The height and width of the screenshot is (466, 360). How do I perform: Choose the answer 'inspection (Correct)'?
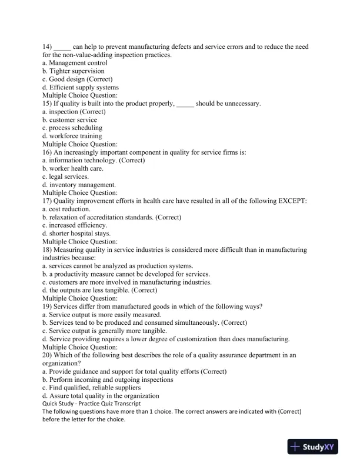pos(77,112)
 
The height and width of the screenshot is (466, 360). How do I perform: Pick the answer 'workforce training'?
pos(75,136)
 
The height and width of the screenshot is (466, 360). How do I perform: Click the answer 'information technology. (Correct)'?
pos(96,160)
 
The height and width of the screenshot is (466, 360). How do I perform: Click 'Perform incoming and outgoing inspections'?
pos(108,380)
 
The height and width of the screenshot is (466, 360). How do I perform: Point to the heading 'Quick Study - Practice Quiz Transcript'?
pos(91,404)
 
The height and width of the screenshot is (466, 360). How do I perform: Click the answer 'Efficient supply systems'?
pos(84,87)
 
